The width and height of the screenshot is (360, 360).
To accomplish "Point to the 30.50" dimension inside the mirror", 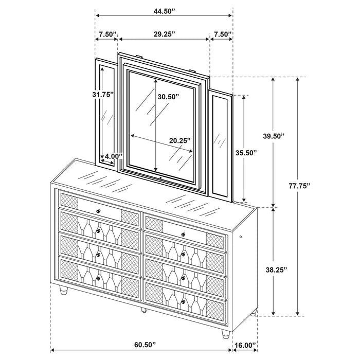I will point(169,97).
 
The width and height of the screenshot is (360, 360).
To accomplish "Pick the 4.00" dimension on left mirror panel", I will point(112,156).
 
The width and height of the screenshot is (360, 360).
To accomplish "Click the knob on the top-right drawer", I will point(183,234).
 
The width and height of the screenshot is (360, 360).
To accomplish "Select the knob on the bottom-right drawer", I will point(183,301).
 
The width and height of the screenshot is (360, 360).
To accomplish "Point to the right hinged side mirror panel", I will point(222,145).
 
